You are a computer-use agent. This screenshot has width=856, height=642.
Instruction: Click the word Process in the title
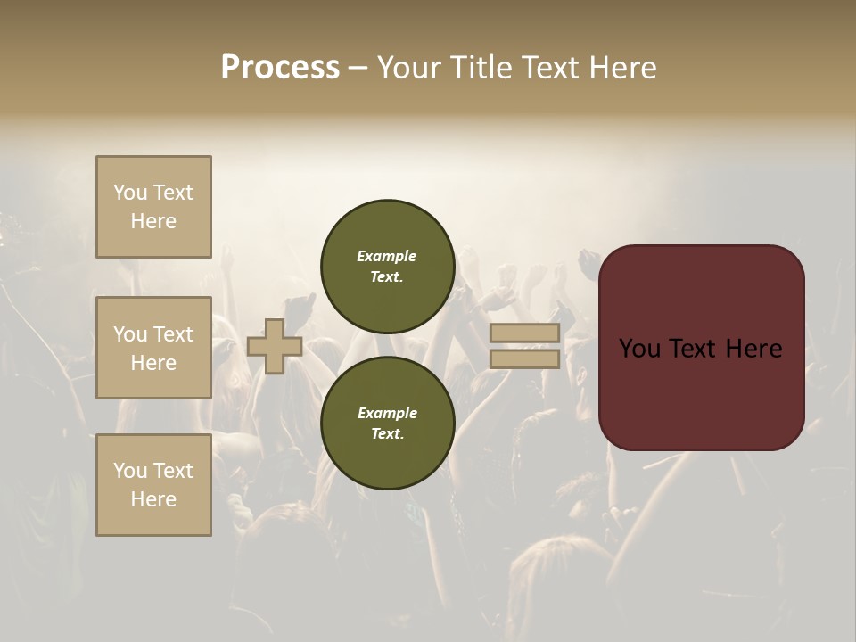click(x=280, y=68)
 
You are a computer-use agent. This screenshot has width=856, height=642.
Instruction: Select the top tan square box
click(x=153, y=207)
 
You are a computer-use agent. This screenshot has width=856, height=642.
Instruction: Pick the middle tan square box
click(x=153, y=348)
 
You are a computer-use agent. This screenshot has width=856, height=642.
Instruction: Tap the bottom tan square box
click(x=153, y=485)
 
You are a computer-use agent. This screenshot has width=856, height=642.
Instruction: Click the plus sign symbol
click(x=275, y=346)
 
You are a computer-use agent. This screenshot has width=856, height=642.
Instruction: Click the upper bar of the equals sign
click(x=524, y=333)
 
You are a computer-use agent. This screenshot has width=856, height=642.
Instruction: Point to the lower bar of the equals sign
click(x=524, y=358)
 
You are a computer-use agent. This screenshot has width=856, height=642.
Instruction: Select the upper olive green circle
click(x=387, y=266)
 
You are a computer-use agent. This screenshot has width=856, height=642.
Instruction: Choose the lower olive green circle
click(x=387, y=423)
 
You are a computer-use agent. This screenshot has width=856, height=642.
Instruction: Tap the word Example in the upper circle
click(x=387, y=256)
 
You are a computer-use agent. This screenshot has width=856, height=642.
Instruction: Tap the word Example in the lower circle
click(x=387, y=413)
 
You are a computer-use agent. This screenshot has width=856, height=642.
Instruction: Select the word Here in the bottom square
click(x=153, y=499)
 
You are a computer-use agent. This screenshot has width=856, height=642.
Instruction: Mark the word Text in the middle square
click(x=172, y=334)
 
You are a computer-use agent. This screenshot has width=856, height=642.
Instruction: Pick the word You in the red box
click(x=641, y=349)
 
